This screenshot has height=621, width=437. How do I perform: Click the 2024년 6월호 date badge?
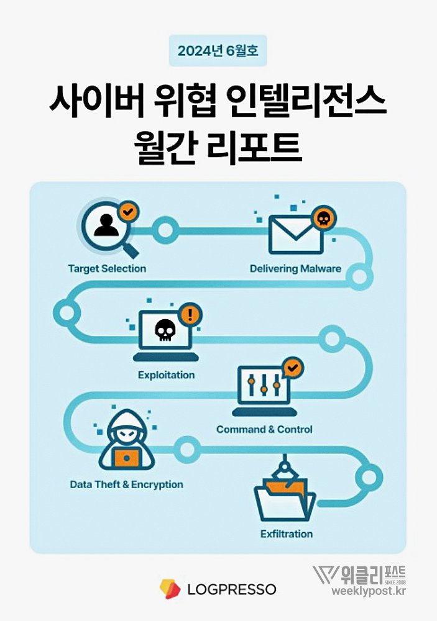click(218, 51)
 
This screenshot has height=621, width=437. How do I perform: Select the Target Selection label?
click(107, 269)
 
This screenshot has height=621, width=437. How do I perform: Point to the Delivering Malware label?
click(295, 269)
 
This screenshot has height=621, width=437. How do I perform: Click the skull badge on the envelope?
click(323, 217)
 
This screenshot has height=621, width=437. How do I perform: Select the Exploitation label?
click(166, 375)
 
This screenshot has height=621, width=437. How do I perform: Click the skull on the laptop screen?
click(165, 330)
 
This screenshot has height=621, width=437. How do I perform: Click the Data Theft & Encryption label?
click(126, 484)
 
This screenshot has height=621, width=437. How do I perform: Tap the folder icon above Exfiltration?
click(284, 497)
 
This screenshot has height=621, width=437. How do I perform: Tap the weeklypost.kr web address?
click(367, 591)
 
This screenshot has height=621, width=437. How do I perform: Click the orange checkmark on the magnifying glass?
click(128, 212)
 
